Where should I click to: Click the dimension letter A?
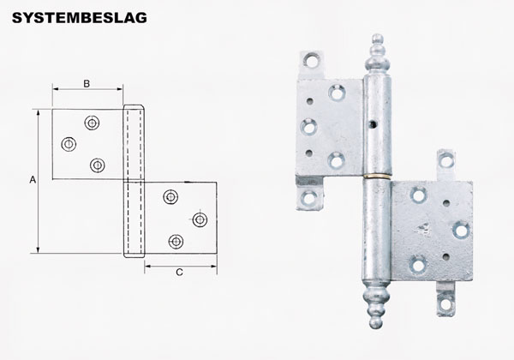click(x=32, y=180)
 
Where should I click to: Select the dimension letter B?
click(x=87, y=83)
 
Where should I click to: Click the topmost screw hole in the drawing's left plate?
click(x=91, y=122)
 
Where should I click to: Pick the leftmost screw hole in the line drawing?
click(x=68, y=143)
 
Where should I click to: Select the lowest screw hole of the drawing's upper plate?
click(x=97, y=165)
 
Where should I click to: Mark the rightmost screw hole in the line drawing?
click(x=200, y=219)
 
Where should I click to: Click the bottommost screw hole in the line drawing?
click(x=176, y=242)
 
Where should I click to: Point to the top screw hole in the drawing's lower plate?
click(x=171, y=197)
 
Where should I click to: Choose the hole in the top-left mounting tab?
click(x=309, y=61)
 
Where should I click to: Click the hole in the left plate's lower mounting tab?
click(x=309, y=200)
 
